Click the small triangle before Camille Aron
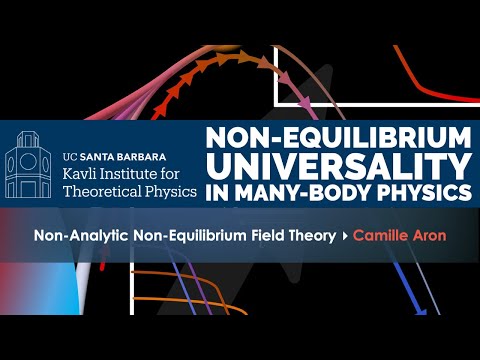tap(343, 238)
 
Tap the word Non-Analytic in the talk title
tap(100, 238)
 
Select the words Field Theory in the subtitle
tap(295, 238)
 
